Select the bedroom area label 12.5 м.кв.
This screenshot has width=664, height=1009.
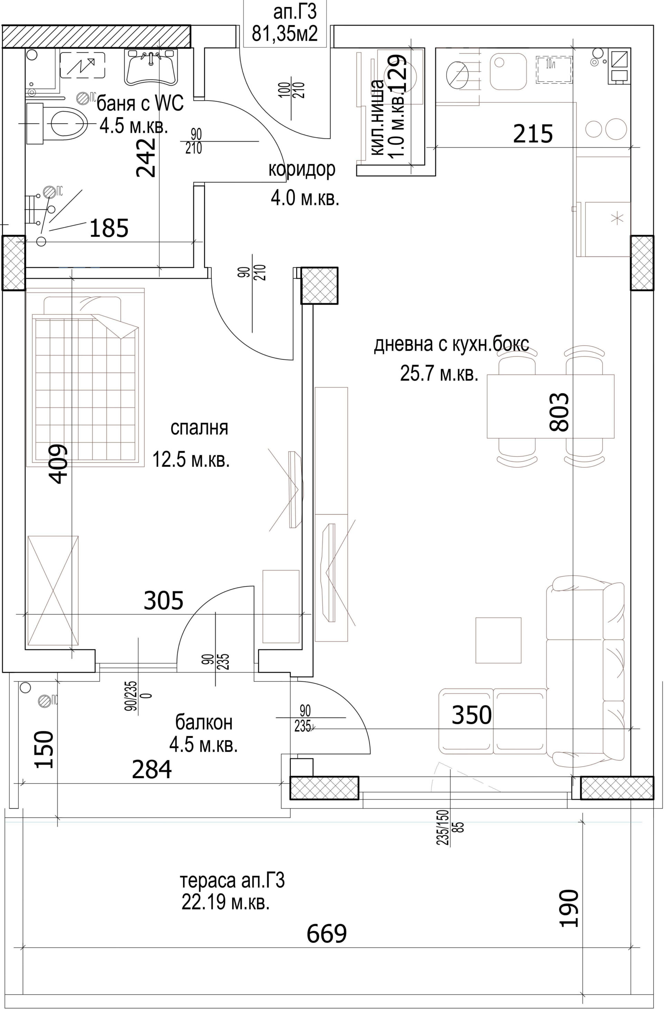(x=191, y=459)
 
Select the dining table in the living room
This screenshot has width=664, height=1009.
(x=551, y=406)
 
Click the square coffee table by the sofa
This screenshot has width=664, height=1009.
(x=498, y=640)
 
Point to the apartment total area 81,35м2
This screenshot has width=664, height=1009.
(x=285, y=34)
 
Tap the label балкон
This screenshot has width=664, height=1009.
(x=204, y=722)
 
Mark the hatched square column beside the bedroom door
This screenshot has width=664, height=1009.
(x=320, y=285)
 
